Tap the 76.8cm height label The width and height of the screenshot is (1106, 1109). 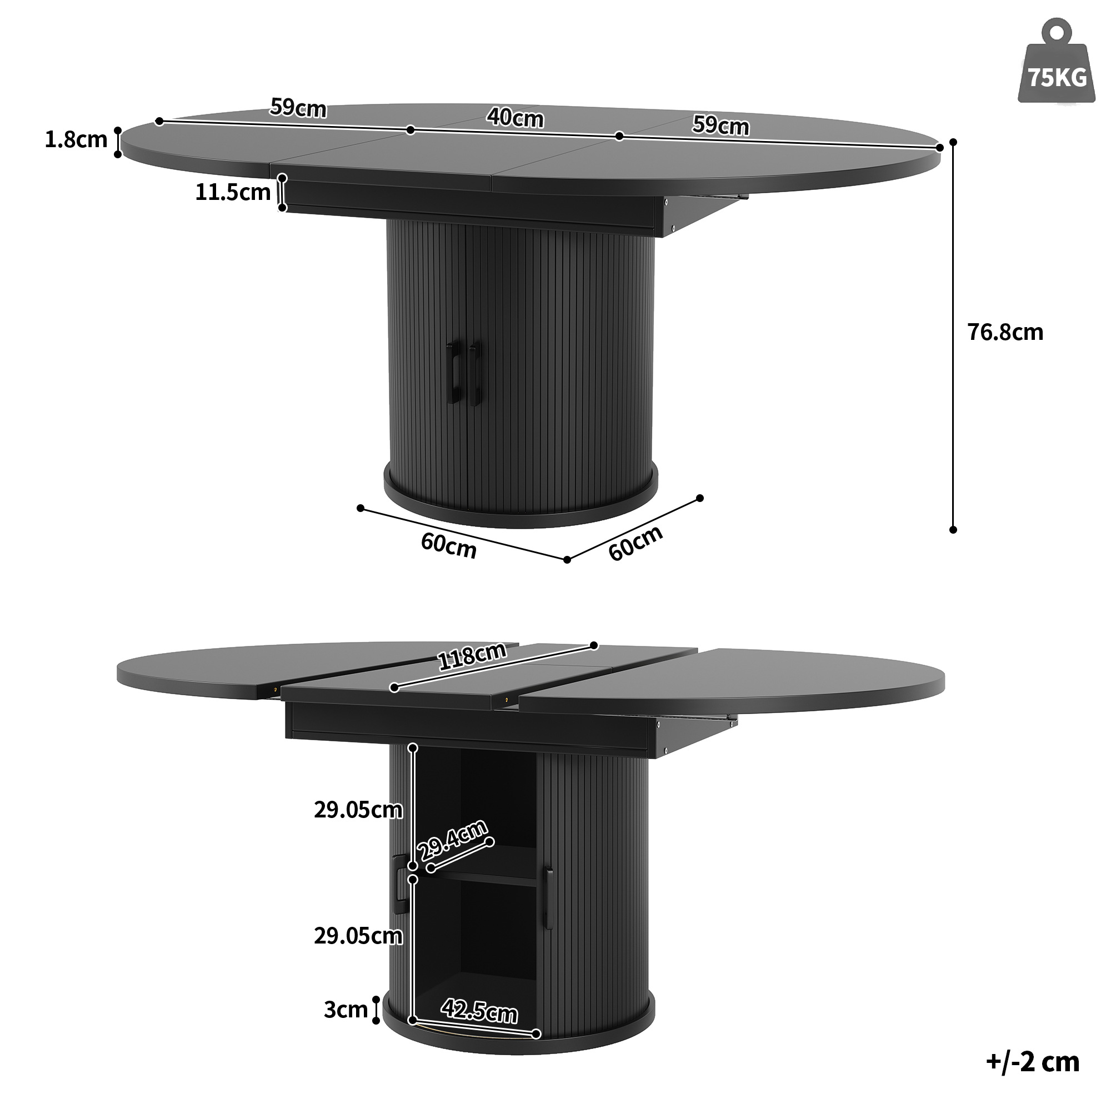pyautogui.click(x=1005, y=332)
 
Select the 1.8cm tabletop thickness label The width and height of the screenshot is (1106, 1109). pyautogui.click(x=76, y=139)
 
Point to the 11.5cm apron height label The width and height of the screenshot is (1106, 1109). pyautogui.click(x=233, y=192)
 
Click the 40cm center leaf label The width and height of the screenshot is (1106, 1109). pyautogui.click(x=515, y=118)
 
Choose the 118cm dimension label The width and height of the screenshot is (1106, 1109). pyautogui.click(x=472, y=656)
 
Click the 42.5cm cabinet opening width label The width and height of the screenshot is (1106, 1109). pyautogui.click(x=479, y=1011)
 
